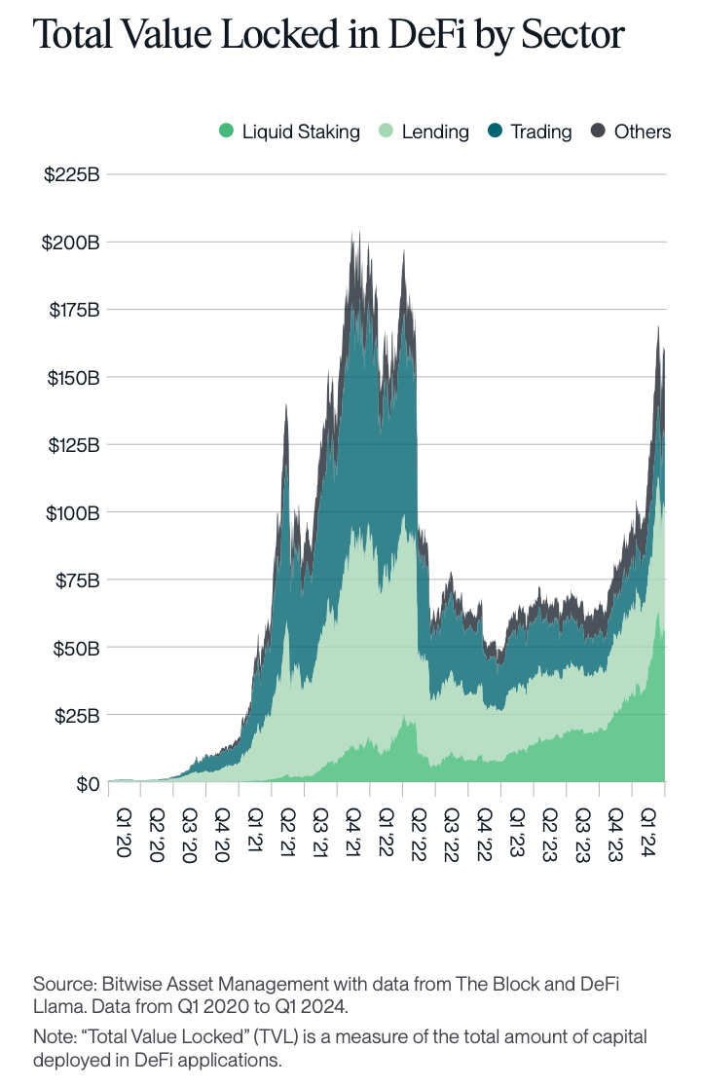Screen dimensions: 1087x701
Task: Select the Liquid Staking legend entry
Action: [x=289, y=131]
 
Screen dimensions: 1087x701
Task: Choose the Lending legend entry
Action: [x=424, y=131]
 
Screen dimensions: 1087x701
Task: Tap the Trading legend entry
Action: [x=530, y=131]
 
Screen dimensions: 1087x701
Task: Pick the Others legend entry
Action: [x=631, y=131]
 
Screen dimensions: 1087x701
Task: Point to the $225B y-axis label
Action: [x=72, y=175]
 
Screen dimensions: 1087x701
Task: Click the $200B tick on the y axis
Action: [x=72, y=243]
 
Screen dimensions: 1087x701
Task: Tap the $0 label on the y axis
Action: [x=87, y=783]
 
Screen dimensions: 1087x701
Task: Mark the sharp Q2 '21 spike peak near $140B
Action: [x=285, y=405]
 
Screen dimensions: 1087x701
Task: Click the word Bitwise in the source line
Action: [x=125, y=983]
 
